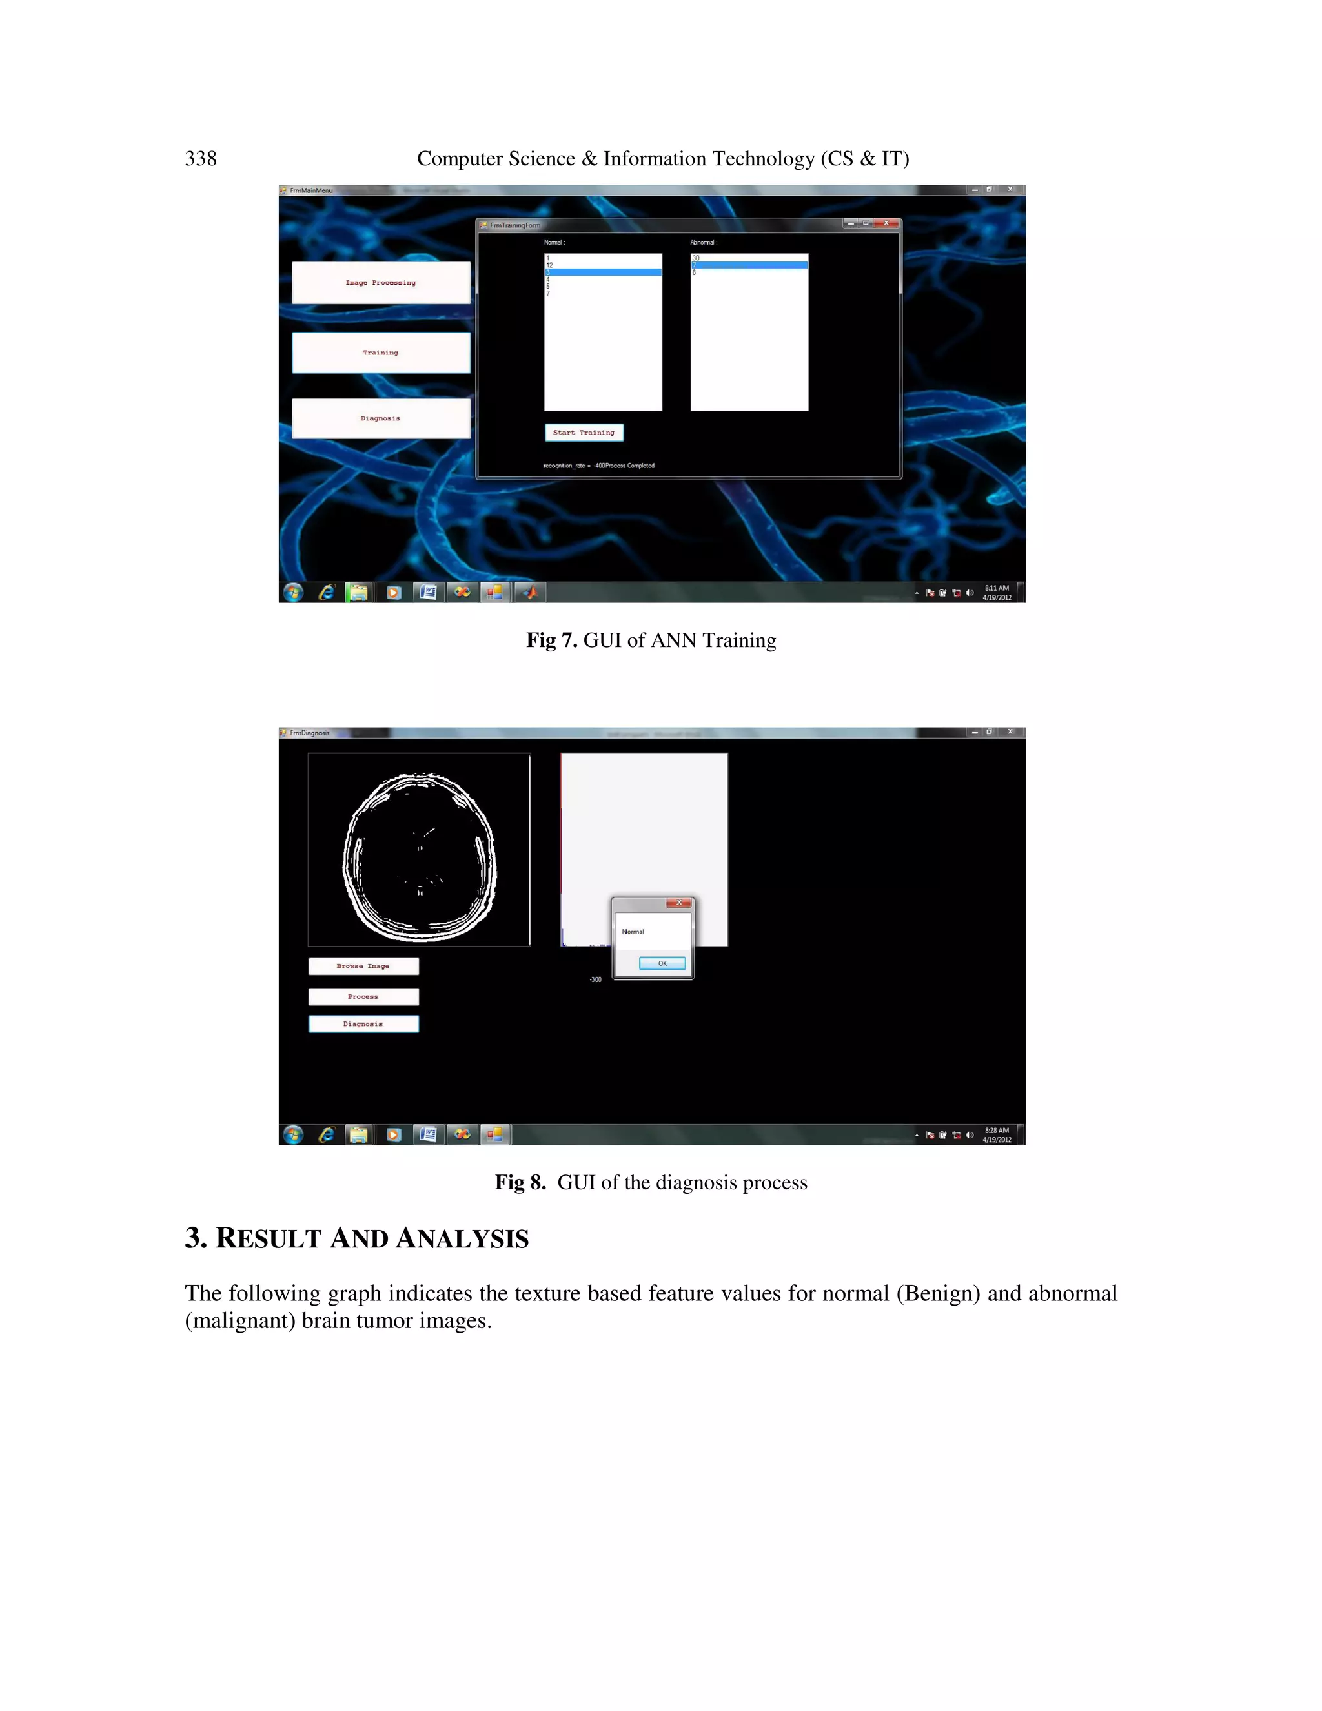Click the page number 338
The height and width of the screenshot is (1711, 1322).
(201, 159)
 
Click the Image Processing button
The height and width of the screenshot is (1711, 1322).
(381, 283)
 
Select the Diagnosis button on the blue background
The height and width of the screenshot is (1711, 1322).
(381, 418)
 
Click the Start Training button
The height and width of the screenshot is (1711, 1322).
(584, 433)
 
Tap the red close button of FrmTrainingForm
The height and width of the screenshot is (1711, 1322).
(886, 223)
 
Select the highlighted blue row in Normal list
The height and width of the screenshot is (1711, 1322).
(602, 272)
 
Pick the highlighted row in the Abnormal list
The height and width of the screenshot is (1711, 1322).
(749, 265)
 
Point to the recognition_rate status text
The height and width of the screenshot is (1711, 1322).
(598, 466)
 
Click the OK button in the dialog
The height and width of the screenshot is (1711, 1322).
(662, 963)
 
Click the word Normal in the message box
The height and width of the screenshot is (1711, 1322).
(633, 932)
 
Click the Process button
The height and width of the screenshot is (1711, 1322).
(363, 996)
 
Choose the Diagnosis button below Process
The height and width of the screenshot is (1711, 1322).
(363, 1024)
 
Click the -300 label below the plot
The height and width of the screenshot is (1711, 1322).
(595, 980)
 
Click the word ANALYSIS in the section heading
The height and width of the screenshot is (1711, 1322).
(462, 1238)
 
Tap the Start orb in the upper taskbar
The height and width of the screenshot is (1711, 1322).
(293, 592)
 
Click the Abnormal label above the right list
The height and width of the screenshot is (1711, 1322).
(704, 243)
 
